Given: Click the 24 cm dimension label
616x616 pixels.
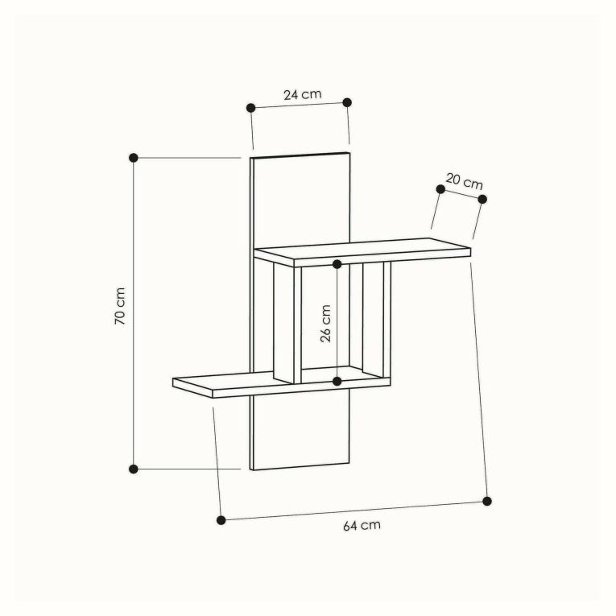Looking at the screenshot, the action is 303,94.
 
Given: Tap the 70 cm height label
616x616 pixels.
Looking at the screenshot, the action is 120,306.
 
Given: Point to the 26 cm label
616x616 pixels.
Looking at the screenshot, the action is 325,324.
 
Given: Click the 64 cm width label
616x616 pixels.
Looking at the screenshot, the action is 362,525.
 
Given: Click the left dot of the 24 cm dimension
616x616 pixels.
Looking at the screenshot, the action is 251,108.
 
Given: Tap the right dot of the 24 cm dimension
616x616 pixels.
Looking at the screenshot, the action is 347,102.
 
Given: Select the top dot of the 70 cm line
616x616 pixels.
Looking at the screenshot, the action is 134,158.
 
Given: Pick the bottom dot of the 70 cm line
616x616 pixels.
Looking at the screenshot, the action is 134,469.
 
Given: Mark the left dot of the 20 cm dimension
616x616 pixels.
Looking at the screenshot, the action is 440,189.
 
